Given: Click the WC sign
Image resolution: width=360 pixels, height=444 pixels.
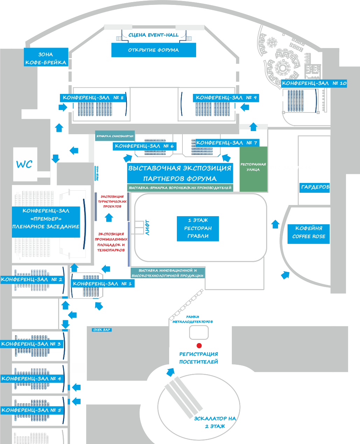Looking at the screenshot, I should tap(25, 164).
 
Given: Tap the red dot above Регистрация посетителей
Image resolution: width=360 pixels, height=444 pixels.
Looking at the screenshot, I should tap(199, 346).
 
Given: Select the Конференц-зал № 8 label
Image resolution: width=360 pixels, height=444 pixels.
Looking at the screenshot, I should tap(93, 98).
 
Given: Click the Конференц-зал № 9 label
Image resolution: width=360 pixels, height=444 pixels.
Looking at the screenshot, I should tap(226, 98).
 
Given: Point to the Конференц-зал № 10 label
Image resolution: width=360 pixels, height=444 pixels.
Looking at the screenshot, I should tap(314, 83).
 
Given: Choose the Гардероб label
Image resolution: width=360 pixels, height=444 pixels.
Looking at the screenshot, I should tap(315, 187).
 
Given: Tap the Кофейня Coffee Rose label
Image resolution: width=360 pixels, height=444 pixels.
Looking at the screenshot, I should tap(309, 232).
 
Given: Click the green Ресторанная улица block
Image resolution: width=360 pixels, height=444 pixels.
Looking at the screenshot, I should tap(253, 169).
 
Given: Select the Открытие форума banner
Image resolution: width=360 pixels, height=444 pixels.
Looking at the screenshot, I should tap(153, 50).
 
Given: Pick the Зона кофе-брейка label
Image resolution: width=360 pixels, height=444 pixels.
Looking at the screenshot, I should tap(46, 59).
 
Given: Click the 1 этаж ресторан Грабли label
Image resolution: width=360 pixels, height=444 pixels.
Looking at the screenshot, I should tap(198, 228).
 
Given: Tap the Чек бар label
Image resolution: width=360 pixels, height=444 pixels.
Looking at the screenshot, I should tap(102, 330).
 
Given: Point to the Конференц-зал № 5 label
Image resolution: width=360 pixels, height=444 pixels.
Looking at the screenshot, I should tap(32, 410).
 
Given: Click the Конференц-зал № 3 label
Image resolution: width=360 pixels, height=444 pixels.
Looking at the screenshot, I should tap(31, 344).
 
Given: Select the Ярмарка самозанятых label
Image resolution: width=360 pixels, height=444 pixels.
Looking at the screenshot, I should tap(115, 136).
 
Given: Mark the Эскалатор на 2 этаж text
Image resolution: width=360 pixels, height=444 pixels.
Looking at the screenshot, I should tap(215, 422).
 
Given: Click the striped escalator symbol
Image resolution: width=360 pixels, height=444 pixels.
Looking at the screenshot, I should tap(184, 396).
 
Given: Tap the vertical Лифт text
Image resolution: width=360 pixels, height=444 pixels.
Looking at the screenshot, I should tap(147, 228).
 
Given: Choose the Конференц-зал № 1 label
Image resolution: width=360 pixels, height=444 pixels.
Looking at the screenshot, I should tap(102, 284).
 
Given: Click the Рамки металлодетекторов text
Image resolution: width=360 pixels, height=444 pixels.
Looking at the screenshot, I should tap(193, 319).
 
